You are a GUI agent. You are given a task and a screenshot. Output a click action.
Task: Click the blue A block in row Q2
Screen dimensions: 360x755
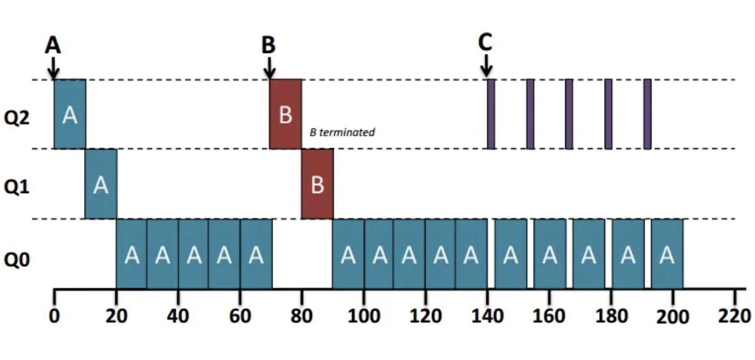coord(70,114)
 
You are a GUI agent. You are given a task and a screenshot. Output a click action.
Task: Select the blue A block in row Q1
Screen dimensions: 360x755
coord(101,184)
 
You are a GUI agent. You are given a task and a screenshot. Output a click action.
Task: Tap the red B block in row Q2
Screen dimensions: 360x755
coord(286,114)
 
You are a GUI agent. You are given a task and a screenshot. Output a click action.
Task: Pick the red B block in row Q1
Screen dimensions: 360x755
coord(317,184)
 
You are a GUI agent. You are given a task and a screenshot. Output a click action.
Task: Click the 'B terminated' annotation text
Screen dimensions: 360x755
coord(342,132)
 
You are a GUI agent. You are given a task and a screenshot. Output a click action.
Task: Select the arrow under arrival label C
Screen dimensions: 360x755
coord(487,67)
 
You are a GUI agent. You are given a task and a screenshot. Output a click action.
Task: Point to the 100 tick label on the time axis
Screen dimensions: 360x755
coord(364,315)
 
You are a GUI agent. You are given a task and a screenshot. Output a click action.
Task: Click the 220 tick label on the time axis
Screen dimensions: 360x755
coord(734,315)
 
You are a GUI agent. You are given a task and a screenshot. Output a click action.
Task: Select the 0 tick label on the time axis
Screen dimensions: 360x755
coord(54,315)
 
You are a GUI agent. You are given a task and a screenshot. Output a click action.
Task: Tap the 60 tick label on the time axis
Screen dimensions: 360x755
coord(240,315)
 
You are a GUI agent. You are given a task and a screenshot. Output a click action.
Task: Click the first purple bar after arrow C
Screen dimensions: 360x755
coord(491,114)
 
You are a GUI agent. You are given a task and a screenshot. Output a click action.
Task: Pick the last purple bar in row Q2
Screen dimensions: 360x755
coord(647,114)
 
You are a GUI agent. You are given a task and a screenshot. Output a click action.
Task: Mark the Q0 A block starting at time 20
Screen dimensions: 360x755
coord(131,254)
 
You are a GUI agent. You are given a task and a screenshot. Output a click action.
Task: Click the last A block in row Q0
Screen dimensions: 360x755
coord(667,254)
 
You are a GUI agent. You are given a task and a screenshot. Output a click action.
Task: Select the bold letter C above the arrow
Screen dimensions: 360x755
coord(486,43)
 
